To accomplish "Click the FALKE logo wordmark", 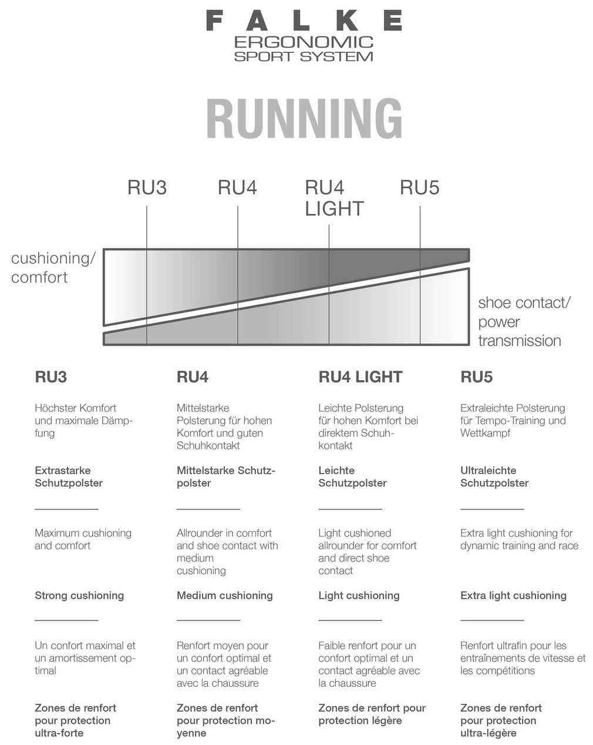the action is pyautogui.click(x=304, y=21).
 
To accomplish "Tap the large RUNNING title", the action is pyautogui.click(x=304, y=119).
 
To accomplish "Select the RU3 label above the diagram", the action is pyautogui.click(x=147, y=187).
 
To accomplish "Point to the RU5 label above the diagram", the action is pyautogui.click(x=419, y=187).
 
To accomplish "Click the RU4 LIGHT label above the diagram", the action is pyautogui.click(x=334, y=198).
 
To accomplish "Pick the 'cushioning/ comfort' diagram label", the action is pyautogui.click(x=53, y=267).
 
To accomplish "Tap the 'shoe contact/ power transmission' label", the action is pyautogui.click(x=524, y=321).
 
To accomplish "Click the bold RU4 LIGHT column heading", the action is pyautogui.click(x=360, y=377).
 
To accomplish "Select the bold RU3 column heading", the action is pyautogui.click(x=51, y=377).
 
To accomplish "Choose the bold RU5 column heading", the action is pyautogui.click(x=476, y=377).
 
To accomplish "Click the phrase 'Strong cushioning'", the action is pyautogui.click(x=79, y=595).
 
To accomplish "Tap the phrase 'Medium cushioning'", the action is pyautogui.click(x=224, y=595).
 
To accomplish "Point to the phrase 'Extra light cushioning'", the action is pyautogui.click(x=513, y=595).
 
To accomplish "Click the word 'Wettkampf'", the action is pyautogui.click(x=485, y=433).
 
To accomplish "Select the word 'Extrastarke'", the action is pyautogui.click(x=63, y=471).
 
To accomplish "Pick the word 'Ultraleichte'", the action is pyautogui.click(x=488, y=471).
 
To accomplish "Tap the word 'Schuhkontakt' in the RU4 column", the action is pyautogui.click(x=208, y=445).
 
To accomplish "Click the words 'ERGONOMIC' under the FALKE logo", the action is pyautogui.click(x=304, y=42).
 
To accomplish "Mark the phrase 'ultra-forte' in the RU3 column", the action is pyautogui.click(x=59, y=733).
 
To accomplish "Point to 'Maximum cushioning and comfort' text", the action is pyautogui.click(x=83, y=539).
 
